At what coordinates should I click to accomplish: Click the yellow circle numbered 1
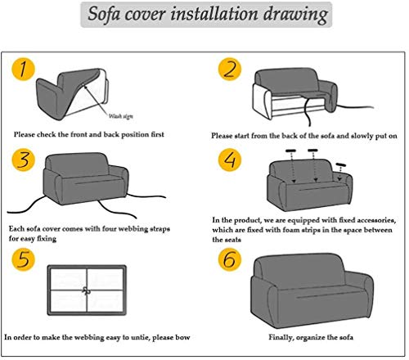pyautogui.click(x=24, y=69)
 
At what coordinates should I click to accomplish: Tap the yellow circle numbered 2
pyautogui.click(x=230, y=69)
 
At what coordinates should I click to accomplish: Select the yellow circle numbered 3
pyautogui.click(x=24, y=160)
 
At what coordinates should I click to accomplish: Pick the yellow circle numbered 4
pyautogui.click(x=230, y=160)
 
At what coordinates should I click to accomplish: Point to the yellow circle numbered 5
pyautogui.click(x=24, y=259)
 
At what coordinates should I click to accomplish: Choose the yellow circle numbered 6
pyautogui.click(x=230, y=259)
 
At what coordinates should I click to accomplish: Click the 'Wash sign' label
pyautogui.click(x=121, y=116)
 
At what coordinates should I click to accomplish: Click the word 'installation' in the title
pyautogui.click(x=214, y=14)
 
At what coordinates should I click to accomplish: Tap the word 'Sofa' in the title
pyautogui.click(x=104, y=14)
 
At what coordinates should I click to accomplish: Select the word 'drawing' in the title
pyautogui.click(x=295, y=15)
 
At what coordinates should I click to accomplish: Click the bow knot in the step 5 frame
pyautogui.click(x=87, y=290)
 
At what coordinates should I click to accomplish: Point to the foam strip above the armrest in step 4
pyautogui.click(x=341, y=164)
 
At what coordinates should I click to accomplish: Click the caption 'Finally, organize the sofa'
pyautogui.click(x=311, y=338)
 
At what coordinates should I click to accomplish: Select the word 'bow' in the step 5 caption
pyautogui.click(x=182, y=337)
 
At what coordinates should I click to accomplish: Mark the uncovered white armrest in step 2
pyautogui.click(x=263, y=101)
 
